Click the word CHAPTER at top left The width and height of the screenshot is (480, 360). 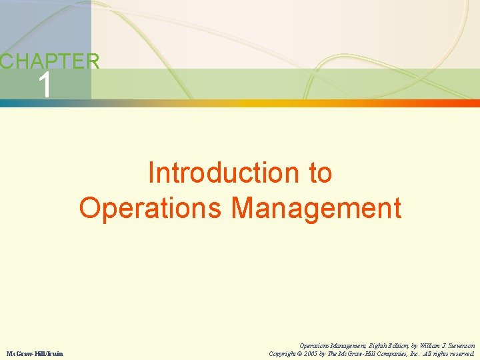click(50, 62)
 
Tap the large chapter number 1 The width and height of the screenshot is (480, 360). click(45, 86)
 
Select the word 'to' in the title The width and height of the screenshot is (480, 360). click(319, 173)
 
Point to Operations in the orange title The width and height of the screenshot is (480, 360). click(151, 208)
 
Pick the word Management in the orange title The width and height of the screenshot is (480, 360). click(317, 208)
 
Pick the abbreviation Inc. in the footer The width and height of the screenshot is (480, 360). click(415, 353)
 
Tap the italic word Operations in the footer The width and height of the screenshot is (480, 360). click(314, 346)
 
